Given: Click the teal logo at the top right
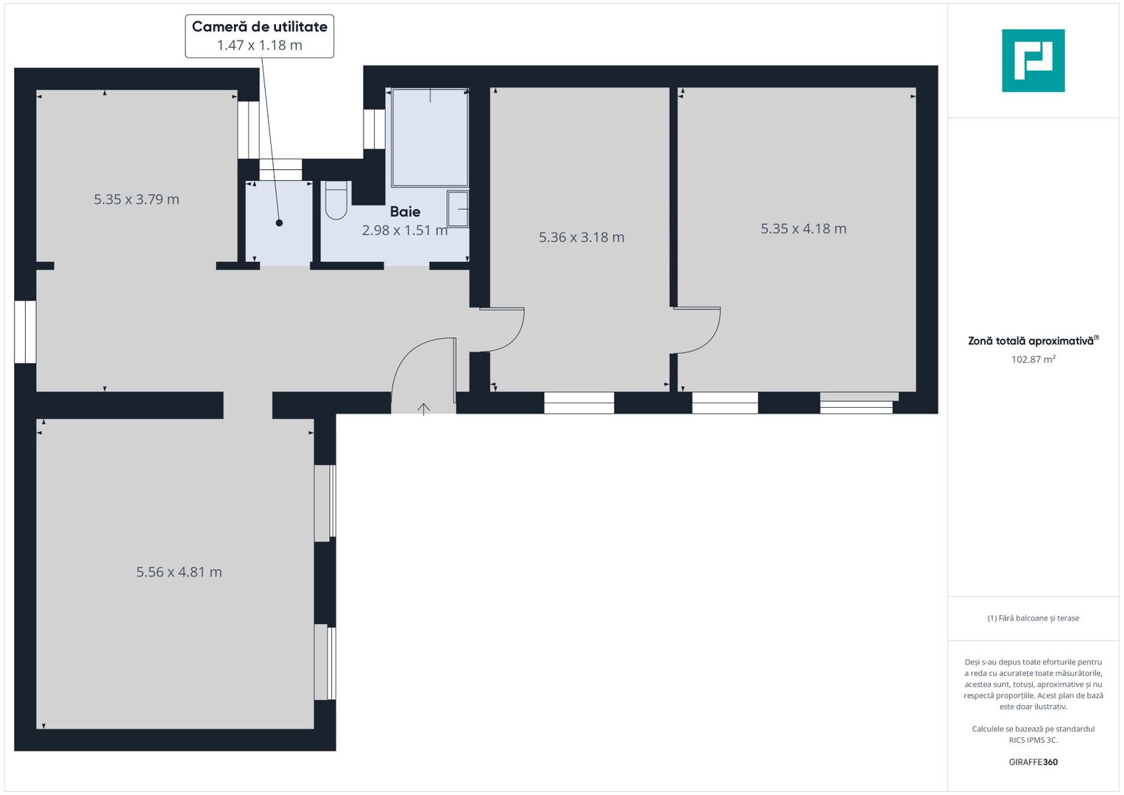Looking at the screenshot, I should (x=1033, y=60).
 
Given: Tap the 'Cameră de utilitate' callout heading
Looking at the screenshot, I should (x=259, y=26).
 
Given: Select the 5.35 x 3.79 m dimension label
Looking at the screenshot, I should (x=136, y=199).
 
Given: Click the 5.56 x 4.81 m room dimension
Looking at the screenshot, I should (x=179, y=572).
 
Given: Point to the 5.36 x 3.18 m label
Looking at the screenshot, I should (x=582, y=237).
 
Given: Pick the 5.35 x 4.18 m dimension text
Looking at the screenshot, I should (x=803, y=229).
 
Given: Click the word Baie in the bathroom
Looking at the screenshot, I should (x=405, y=212).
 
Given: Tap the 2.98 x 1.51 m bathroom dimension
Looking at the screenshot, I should (x=404, y=230).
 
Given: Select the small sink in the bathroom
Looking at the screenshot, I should (x=459, y=210).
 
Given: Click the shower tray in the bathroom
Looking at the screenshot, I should (x=430, y=138).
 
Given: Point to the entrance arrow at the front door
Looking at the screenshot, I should (x=423, y=409).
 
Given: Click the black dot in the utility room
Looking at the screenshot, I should (x=279, y=222).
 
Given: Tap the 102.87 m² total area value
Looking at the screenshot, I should (x=1033, y=359).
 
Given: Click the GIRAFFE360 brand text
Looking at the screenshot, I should (x=1033, y=762).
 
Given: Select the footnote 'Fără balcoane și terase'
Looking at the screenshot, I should (x=1033, y=618).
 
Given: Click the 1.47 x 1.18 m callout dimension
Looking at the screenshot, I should (x=259, y=46).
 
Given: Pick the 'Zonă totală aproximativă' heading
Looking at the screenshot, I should (x=1031, y=341).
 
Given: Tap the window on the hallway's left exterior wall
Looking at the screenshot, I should (x=25, y=331).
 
